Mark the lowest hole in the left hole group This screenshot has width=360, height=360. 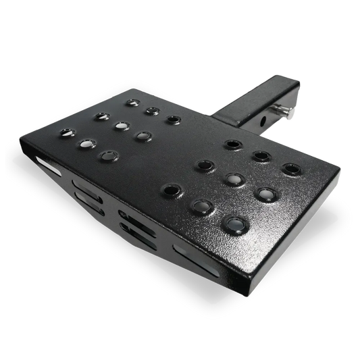pyautogui.click(x=105, y=155)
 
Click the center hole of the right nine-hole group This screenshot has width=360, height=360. pyautogui.click(x=234, y=178)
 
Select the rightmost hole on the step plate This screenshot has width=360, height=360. pyautogui.click(x=290, y=167)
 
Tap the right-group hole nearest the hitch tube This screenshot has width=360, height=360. pyautogui.click(x=233, y=144)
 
